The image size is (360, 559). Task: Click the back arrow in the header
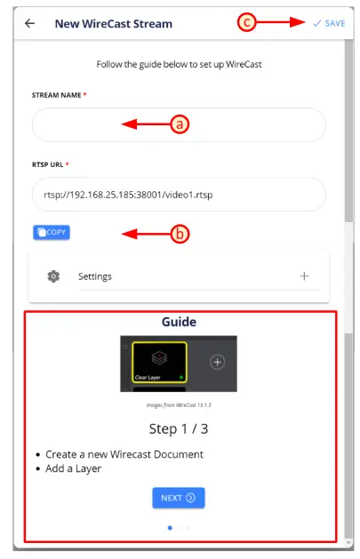30,23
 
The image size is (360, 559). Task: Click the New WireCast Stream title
114,23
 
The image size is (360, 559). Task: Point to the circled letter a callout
181,125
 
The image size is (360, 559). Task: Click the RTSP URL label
51,164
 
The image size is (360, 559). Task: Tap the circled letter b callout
181,235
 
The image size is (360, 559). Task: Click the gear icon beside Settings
54,276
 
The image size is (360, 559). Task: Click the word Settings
95,276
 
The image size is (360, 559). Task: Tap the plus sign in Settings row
304,276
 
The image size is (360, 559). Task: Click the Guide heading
179,322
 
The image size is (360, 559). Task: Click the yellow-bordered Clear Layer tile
160,363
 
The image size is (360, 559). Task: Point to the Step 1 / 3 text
179,428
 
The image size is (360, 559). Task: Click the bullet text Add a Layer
75,468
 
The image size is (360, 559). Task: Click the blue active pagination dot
169,528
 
